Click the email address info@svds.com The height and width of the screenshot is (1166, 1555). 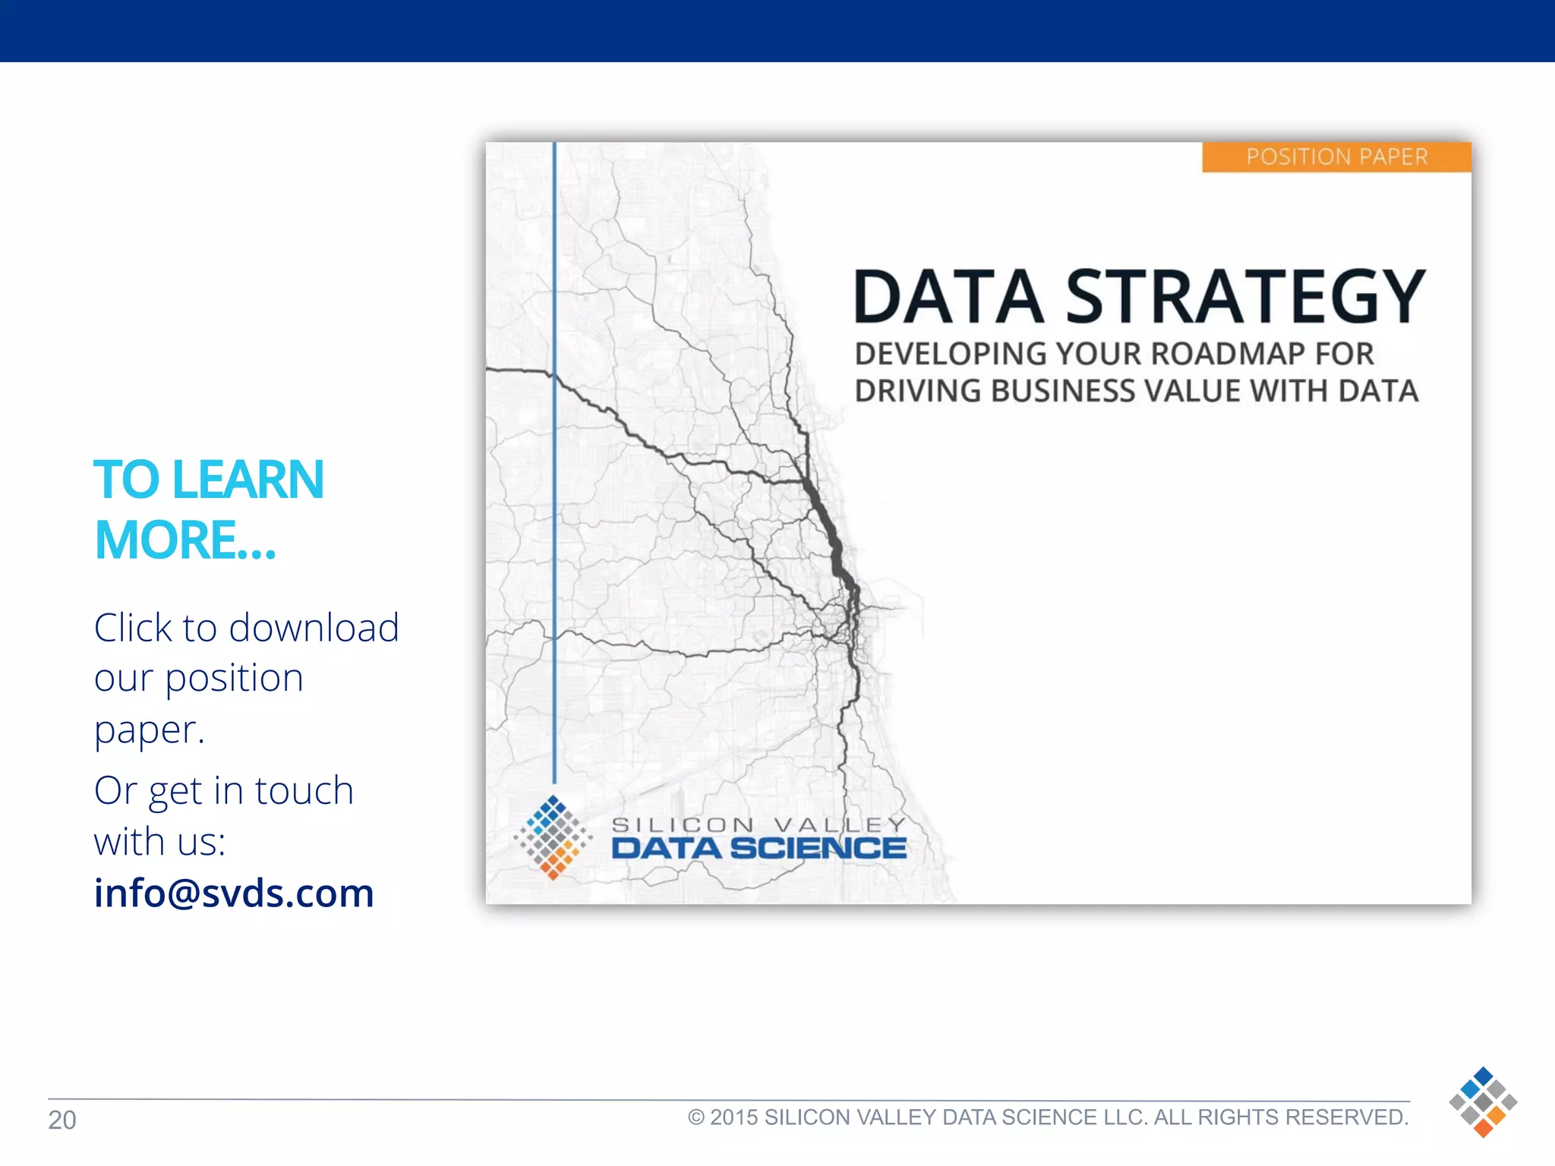[x=234, y=893]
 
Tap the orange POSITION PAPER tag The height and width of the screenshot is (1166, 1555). [x=1336, y=157]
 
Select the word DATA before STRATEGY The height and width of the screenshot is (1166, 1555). [x=948, y=298]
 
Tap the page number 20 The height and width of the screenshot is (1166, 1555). [x=62, y=1120]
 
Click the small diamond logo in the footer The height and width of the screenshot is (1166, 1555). [x=1483, y=1101]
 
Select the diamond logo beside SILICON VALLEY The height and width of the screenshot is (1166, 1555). [x=553, y=837]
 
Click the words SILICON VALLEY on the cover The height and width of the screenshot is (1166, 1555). [x=759, y=824]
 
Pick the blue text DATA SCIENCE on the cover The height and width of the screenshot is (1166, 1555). [x=759, y=849]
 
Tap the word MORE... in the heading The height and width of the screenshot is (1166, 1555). [x=185, y=540]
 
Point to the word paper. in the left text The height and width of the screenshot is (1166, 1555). [x=150, y=730]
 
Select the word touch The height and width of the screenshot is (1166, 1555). [x=304, y=791]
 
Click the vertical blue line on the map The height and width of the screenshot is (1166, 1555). [x=554, y=531]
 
